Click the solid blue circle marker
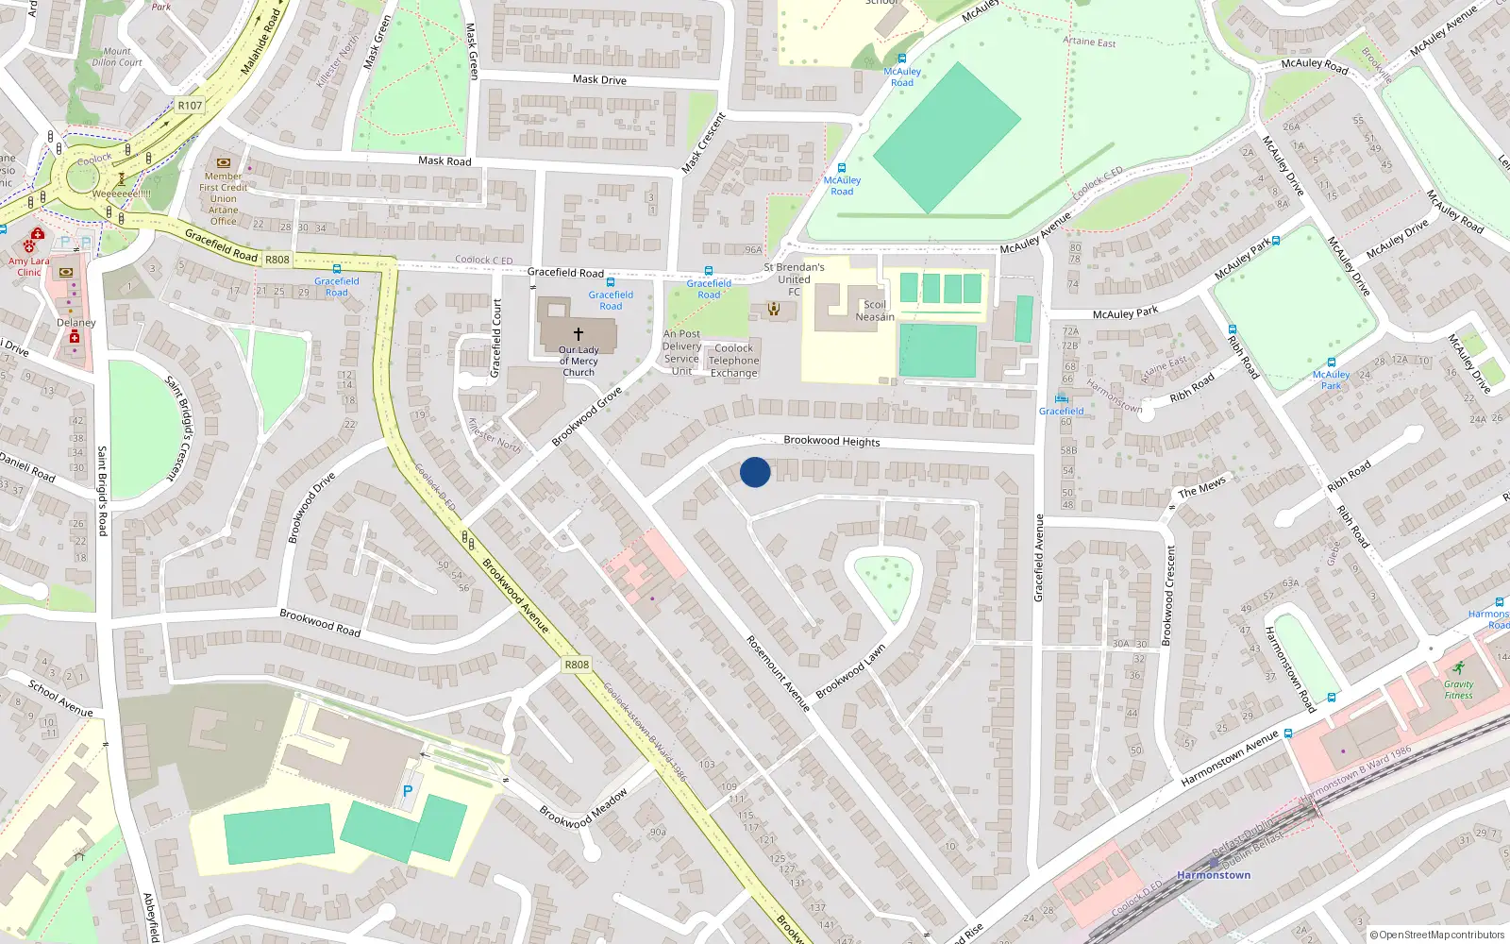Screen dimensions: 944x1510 point(755,472)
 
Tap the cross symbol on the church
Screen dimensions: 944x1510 point(579,333)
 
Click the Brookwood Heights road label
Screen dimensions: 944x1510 point(831,441)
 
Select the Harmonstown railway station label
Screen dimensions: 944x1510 point(1214,875)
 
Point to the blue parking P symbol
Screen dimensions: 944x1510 point(408,791)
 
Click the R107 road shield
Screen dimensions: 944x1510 point(190,106)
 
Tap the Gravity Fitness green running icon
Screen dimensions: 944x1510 point(1459,668)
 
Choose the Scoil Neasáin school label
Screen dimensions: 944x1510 point(875,311)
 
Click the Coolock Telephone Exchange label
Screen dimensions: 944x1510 point(733,361)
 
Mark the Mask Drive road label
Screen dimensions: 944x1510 point(599,80)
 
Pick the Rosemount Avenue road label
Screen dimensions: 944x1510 point(779,672)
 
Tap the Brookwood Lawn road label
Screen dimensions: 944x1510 point(850,671)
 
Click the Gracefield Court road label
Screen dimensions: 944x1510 point(496,338)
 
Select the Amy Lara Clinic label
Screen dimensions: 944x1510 point(29,266)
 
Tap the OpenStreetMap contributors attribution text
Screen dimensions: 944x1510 point(1437,936)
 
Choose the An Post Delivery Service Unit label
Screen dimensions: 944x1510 point(681,352)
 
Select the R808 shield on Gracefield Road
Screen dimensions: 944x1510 point(277,260)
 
